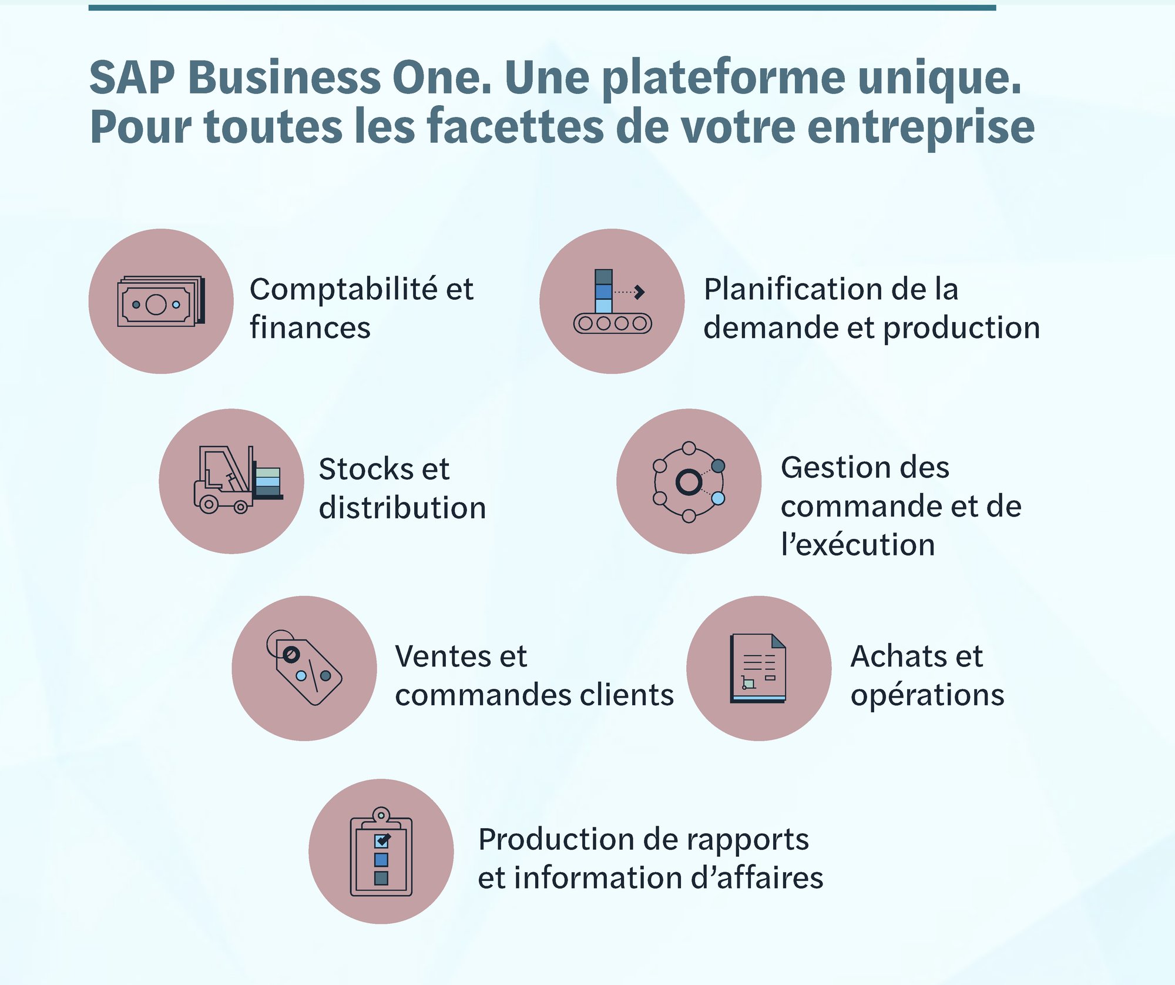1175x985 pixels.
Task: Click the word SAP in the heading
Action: coord(132,77)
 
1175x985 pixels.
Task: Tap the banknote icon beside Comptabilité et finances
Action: coord(161,301)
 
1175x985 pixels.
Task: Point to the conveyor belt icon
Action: coord(613,301)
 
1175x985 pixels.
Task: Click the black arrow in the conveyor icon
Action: coord(640,292)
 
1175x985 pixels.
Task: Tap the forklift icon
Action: coord(238,480)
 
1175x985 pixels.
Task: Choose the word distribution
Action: coord(402,507)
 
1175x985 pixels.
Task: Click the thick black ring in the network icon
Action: coord(689,482)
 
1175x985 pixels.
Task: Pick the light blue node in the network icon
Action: coord(718,498)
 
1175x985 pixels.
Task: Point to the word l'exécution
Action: coord(858,544)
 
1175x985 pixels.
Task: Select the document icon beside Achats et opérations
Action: coord(758,668)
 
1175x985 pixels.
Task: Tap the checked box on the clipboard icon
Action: coord(381,841)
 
